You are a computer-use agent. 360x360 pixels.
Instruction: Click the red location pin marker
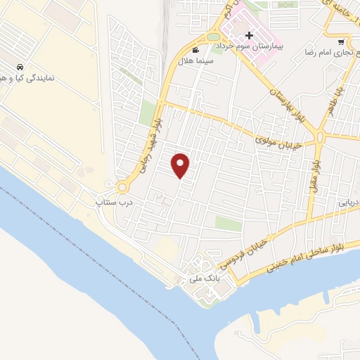coord(181,165)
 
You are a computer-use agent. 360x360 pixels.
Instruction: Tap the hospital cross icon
coord(249,35)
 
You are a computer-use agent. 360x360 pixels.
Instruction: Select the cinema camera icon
coord(195,50)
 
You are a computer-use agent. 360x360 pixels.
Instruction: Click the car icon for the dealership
coord(15,67)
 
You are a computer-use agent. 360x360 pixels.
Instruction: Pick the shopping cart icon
coord(342,41)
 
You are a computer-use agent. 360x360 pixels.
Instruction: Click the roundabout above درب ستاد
coord(122,187)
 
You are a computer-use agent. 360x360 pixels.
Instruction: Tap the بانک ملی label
coord(200,279)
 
